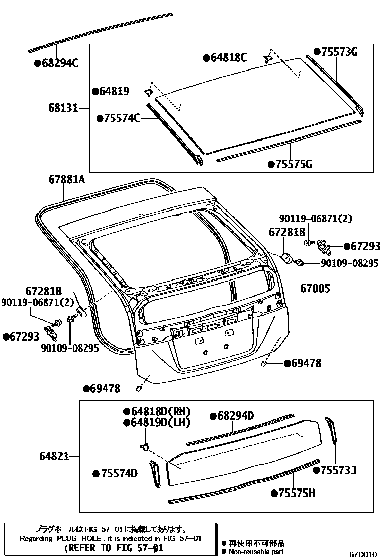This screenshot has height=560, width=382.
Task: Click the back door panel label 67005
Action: click(315, 289)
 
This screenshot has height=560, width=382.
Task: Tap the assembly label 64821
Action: click(54, 457)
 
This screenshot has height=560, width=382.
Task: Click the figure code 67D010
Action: click(363, 554)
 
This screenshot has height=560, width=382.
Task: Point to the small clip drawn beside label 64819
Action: click(148, 92)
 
